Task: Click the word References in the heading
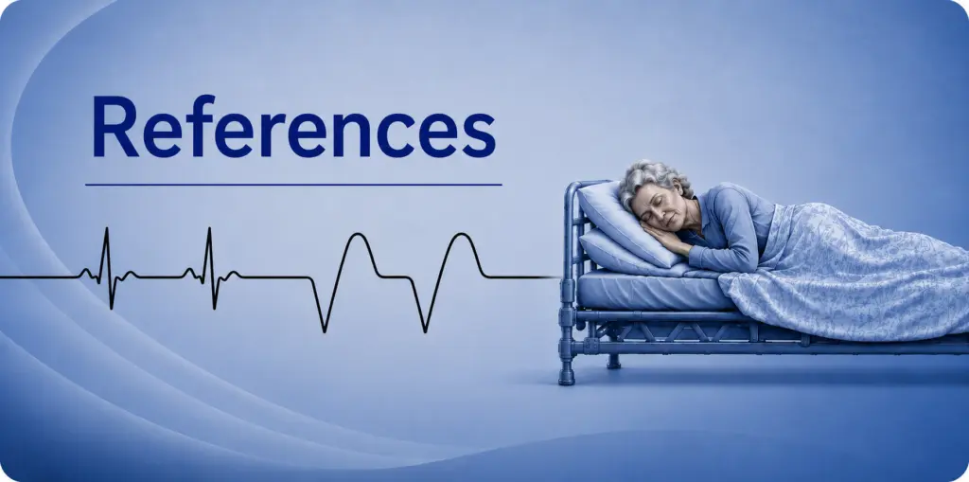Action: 293,126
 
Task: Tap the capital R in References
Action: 115,126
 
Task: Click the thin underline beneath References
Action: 293,185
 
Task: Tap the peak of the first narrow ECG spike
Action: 106,228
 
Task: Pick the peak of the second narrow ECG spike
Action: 209,228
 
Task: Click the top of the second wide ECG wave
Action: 461,234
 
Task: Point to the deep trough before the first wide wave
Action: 324,331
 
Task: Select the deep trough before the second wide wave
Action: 426,331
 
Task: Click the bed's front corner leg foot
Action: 567,378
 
